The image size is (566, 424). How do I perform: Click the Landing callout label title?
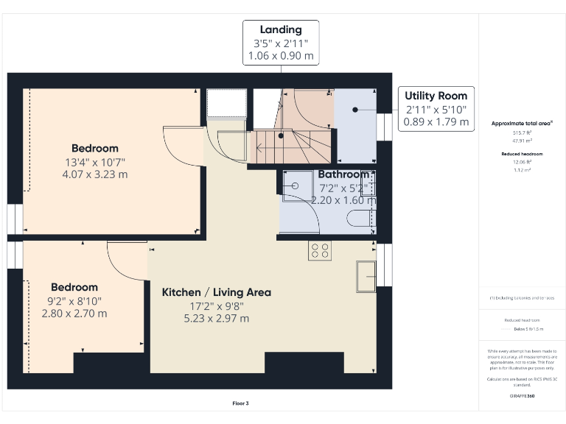click(280, 29)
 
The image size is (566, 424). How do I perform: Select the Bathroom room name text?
click(343, 174)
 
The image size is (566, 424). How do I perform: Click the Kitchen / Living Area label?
click(216, 292)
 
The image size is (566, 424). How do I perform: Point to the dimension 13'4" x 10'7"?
click(94, 162)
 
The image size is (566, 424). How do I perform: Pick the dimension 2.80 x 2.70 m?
click(74, 313)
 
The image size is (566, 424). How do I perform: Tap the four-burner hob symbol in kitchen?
click(320, 250)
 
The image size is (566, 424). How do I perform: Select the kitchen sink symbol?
click(366, 273)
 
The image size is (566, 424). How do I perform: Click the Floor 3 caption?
click(240, 403)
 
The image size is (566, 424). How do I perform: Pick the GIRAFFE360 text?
click(523, 395)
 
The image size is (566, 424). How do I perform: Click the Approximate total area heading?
click(523, 123)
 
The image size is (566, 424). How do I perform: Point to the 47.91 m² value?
click(523, 139)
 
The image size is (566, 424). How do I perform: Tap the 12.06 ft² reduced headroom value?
click(523, 162)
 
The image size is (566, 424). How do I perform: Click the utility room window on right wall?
click(384, 127)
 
